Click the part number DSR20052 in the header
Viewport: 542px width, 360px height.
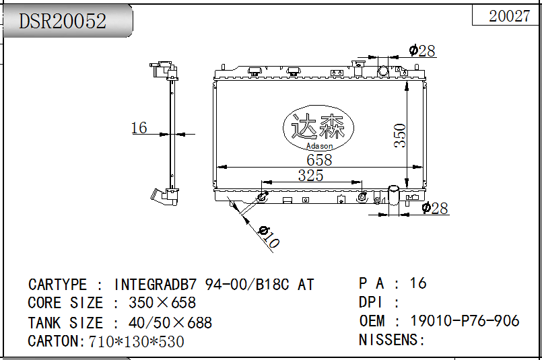[62, 21]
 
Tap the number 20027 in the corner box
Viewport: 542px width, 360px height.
[509, 16]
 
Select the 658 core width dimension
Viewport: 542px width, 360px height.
[319, 159]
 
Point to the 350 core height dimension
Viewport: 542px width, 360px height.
[399, 135]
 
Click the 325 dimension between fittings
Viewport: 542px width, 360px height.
[311, 175]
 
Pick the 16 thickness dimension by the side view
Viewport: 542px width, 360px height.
[139, 127]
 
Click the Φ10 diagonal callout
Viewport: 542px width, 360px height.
[269, 237]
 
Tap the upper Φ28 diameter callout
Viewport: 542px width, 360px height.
[421, 50]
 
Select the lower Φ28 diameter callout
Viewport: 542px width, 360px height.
[435, 208]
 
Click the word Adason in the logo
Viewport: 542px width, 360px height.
[319, 146]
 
